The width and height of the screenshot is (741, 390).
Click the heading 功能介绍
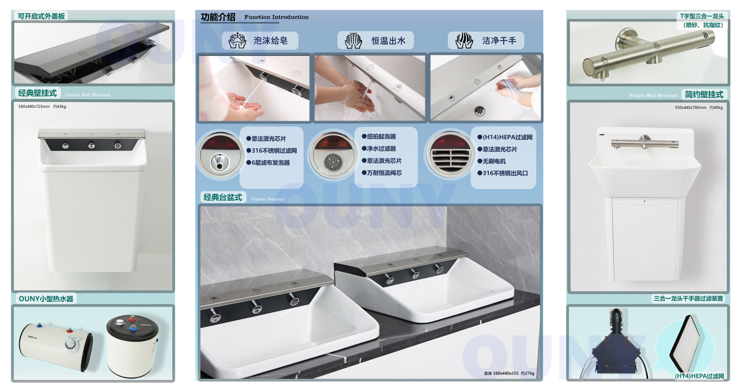click(218, 17)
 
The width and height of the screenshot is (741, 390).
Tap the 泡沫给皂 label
click(270, 40)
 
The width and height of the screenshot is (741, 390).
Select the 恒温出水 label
click(388, 40)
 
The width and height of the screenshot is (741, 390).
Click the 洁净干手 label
click(499, 40)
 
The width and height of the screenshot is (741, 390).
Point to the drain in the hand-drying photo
click(479, 110)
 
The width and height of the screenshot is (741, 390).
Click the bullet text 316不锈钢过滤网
click(274, 151)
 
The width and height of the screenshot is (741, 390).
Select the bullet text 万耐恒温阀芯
click(384, 173)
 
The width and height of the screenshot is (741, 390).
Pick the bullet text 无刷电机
click(494, 161)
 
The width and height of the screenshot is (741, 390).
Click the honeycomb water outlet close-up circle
click(333, 156)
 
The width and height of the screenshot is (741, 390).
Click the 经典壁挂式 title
click(37, 93)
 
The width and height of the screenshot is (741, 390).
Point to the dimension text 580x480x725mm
click(34, 106)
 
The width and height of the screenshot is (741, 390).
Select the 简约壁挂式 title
click(704, 95)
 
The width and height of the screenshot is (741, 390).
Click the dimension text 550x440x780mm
click(691, 108)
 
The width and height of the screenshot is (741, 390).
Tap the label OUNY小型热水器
click(46, 299)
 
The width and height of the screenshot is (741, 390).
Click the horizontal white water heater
click(56, 347)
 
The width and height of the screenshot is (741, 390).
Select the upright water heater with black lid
click(132, 346)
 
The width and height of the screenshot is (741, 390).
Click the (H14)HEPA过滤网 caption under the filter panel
click(699, 376)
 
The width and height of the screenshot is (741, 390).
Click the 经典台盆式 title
click(223, 197)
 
